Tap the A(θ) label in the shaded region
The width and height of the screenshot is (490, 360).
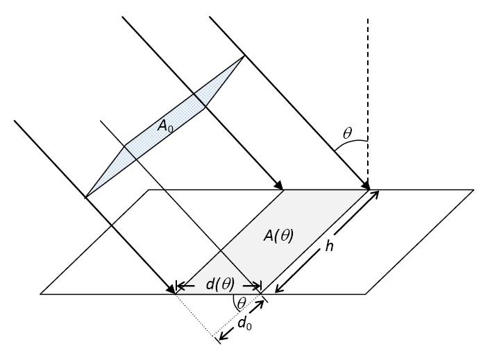pos(278,236)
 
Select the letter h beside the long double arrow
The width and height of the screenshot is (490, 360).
pos(329,246)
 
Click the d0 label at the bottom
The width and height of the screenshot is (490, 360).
pos(244,324)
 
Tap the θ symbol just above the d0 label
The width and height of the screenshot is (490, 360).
pos(241,302)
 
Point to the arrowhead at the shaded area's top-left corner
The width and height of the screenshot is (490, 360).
pos(279,185)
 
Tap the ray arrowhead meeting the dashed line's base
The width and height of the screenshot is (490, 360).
pos(365,185)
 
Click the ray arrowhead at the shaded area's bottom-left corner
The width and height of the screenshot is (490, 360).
pos(171,289)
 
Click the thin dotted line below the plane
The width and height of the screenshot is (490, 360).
pos(196,316)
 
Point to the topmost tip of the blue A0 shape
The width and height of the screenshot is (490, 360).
pos(244,56)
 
